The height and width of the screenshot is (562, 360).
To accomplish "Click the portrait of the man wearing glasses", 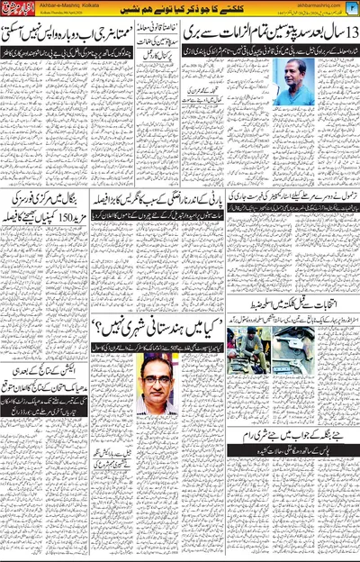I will click(155, 379).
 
